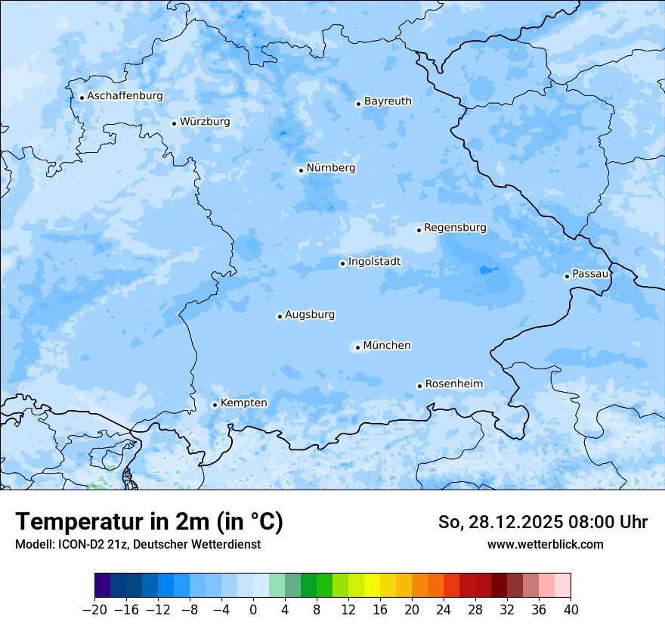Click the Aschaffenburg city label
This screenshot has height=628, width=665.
point(125,96)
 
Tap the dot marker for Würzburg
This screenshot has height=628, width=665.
point(174,123)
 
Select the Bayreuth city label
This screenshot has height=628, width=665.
point(388,101)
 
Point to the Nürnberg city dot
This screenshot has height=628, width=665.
point(301,170)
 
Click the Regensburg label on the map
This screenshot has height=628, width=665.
point(455,227)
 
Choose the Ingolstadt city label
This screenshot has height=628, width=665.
point(374,262)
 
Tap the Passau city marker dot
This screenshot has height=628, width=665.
point(567,276)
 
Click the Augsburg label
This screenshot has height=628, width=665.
point(310,315)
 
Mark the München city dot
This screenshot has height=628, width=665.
point(357,348)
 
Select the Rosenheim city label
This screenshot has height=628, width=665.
point(453,384)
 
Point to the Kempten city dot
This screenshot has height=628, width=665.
point(215,405)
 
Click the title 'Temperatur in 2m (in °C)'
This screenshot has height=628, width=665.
point(149,522)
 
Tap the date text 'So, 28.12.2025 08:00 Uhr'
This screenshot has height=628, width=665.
point(543,522)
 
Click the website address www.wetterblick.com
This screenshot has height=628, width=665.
point(545,544)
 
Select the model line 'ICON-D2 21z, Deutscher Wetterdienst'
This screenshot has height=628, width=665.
point(138,544)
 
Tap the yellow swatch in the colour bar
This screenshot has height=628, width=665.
point(372,586)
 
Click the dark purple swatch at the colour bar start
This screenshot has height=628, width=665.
point(103,586)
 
